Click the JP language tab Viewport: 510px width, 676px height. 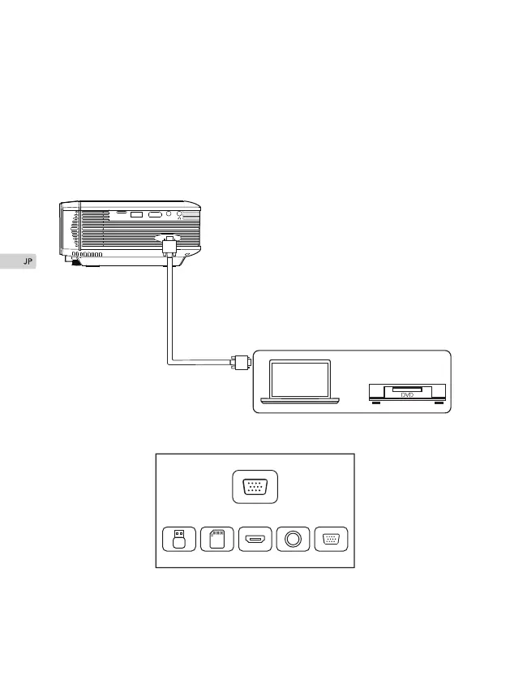click(18, 262)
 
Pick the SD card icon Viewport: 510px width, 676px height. click(216, 540)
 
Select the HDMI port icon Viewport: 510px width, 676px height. click(255, 540)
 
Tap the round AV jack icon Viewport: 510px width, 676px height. click(293, 540)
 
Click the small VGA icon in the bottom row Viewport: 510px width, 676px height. click(331, 540)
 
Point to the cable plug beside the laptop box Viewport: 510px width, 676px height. click(241, 361)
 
